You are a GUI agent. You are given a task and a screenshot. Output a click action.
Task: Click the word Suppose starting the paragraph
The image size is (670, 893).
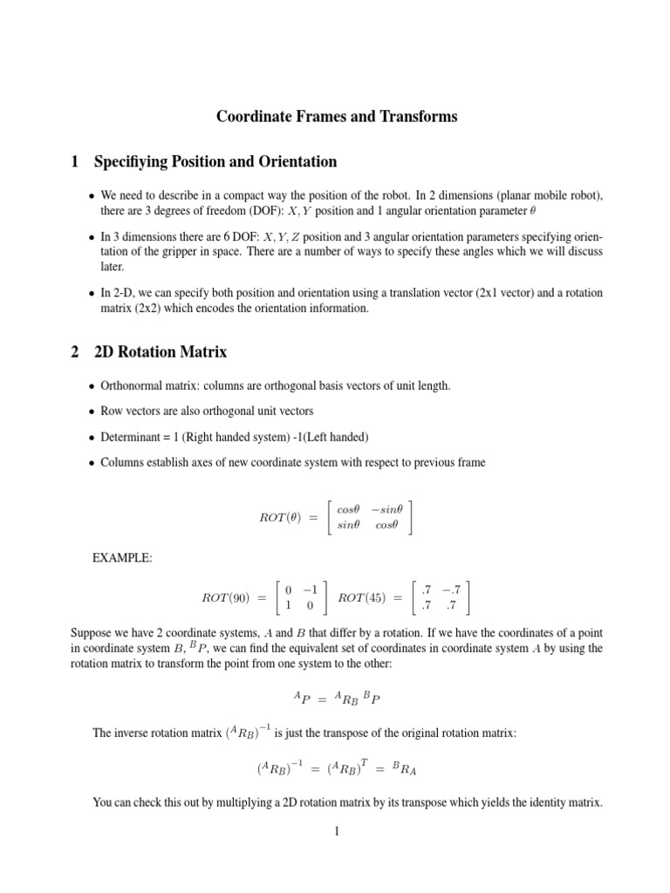92,631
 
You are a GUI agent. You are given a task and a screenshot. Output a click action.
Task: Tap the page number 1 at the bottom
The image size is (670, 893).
335,832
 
